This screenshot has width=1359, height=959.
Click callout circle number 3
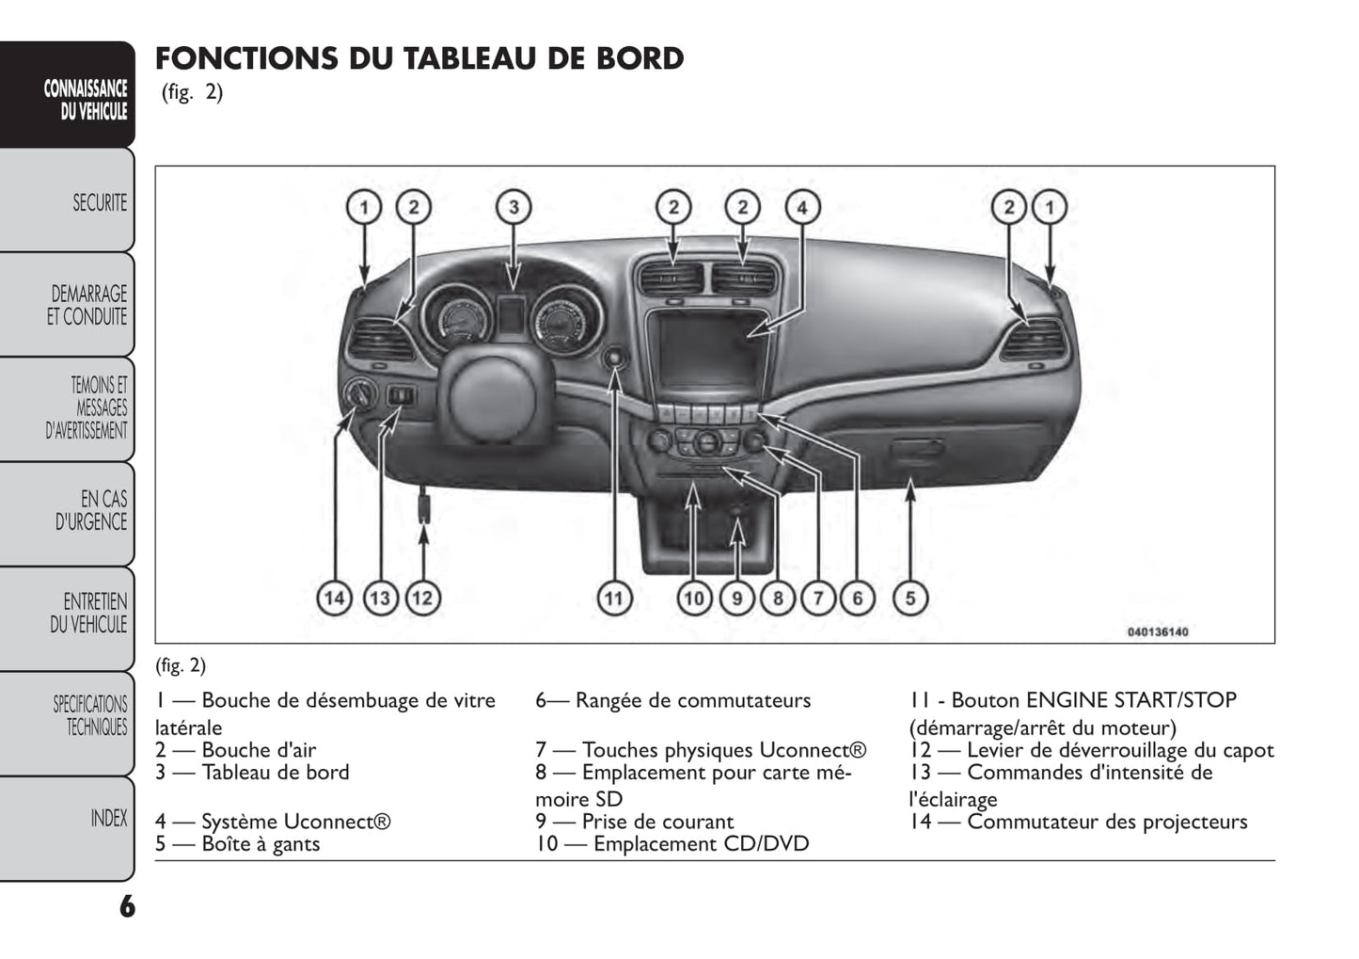click(514, 207)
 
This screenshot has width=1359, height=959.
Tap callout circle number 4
click(802, 207)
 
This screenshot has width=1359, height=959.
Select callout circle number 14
click(335, 598)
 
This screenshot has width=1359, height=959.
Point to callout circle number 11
click(613, 598)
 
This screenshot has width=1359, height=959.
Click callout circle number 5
click(910, 598)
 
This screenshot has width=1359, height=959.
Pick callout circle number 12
click(423, 598)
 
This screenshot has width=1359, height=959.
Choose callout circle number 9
click(737, 598)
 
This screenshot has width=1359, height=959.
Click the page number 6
click(127, 907)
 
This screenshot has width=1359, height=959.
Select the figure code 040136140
click(1157, 631)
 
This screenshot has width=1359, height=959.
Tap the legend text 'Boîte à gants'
click(261, 844)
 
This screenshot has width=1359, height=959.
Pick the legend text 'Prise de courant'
click(657, 822)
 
